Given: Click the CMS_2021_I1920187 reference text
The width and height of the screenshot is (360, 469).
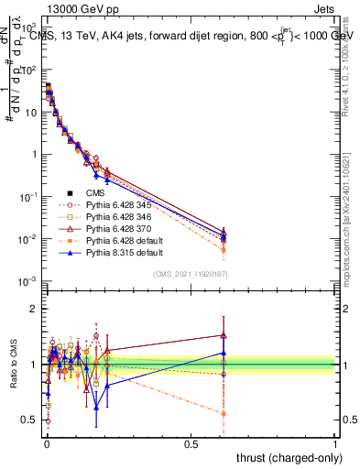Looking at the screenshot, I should point(190,274).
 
